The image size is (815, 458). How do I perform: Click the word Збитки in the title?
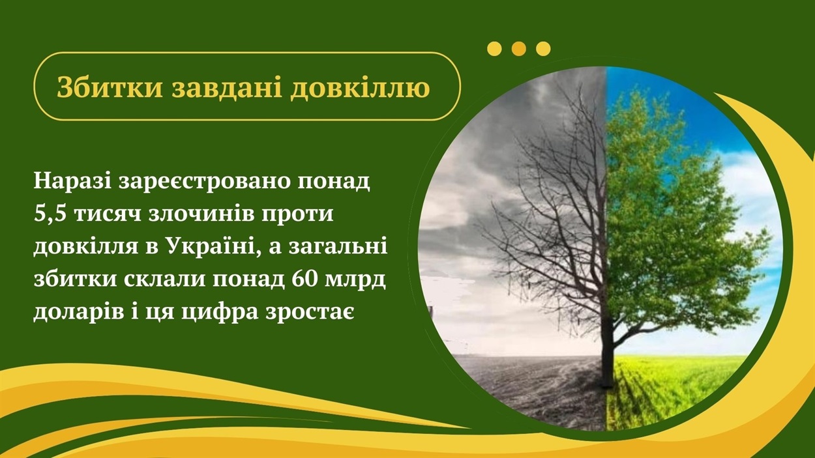110,87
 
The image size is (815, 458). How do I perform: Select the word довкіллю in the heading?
360,88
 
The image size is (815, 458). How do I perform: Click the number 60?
307,280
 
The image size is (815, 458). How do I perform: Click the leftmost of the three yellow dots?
494,49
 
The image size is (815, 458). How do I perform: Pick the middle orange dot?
519,49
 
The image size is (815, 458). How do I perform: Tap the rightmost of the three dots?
543,49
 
